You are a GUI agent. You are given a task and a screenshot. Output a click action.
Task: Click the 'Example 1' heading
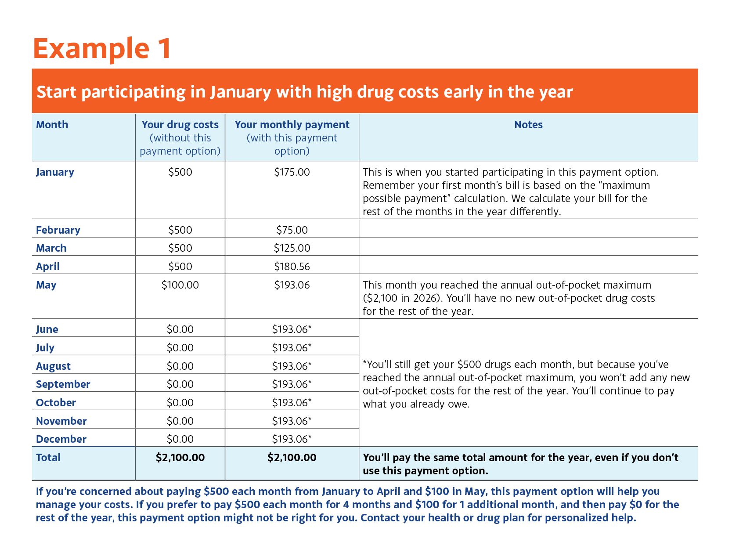[x=102, y=48]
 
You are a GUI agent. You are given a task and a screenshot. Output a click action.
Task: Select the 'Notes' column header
[x=528, y=125]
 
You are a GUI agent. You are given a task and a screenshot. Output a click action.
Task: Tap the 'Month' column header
[x=52, y=125]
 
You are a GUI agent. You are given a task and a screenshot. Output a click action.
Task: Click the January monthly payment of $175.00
[x=292, y=172]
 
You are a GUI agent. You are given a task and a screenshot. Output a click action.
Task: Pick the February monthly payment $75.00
[x=292, y=230]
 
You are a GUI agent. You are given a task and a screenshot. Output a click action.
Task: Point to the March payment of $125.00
[x=292, y=248]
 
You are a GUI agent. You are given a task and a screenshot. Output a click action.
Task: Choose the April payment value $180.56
[x=292, y=267]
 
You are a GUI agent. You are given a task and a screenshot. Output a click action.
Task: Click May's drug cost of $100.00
[x=180, y=285]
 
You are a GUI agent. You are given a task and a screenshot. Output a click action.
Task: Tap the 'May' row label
[x=46, y=285]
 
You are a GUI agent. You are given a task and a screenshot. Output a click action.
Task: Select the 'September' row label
[x=63, y=384]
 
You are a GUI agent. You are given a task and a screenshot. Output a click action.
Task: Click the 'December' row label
[x=61, y=439]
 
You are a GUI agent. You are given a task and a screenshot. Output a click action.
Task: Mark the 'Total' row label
[x=48, y=458]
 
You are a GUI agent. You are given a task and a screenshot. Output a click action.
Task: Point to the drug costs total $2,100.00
[x=180, y=458]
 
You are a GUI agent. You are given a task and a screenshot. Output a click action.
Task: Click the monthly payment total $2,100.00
[x=292, y=458]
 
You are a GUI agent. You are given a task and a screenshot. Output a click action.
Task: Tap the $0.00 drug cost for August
[x=180, y=366]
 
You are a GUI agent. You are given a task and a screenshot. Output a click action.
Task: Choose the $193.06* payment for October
[x=292, y=403]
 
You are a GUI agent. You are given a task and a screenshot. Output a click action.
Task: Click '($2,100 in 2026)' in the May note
[x=401, y=298]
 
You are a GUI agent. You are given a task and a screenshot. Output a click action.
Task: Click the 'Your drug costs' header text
[x=180, y=125]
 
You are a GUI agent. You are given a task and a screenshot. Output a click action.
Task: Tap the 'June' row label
[x=47, y=329]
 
